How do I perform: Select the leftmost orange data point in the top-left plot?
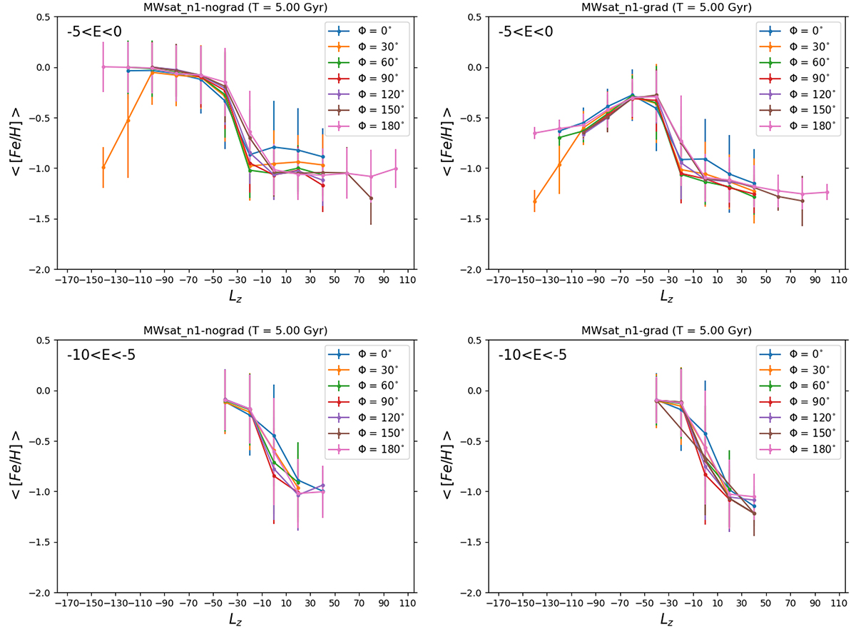[x=103, y=167]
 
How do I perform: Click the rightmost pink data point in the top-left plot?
[x=396, y=169]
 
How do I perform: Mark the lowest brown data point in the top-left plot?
[x=371, y=198]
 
